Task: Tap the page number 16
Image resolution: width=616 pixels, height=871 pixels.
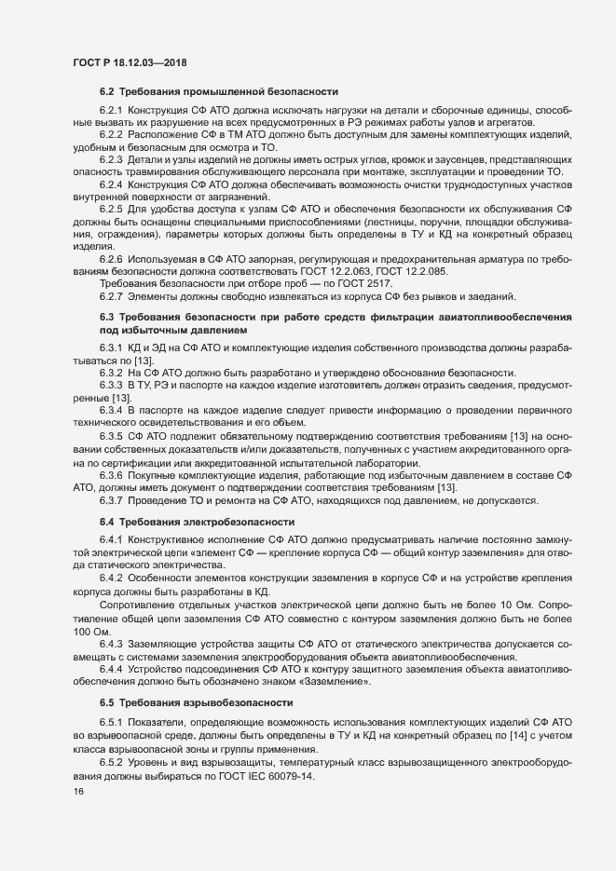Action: click(77, 791)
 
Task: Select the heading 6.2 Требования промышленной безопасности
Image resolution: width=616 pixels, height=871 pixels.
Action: click(219, 91)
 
